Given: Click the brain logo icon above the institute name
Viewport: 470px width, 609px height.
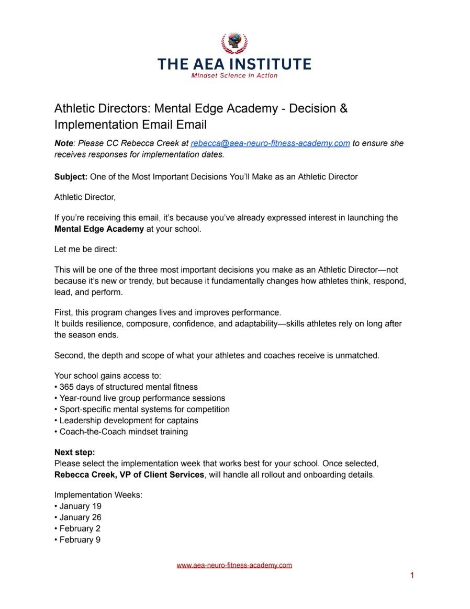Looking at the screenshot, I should [x=234, y=43].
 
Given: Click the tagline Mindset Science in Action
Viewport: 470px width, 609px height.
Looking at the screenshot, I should [x=234, y=75].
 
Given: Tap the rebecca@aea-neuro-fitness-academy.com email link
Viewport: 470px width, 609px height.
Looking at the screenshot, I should [x=270, y=143].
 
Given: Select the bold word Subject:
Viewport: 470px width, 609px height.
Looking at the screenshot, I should [x=71, y=177].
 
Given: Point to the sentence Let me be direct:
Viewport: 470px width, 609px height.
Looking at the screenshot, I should [x=86, y=250].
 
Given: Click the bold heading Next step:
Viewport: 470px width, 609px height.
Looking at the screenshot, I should [x=75, y=453].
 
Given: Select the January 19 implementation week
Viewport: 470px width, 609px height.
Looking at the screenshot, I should [x=80, y=506].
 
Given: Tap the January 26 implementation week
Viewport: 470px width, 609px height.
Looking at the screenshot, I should [x=80, y=517].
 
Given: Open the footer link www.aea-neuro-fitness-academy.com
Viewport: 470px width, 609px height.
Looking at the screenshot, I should [x=234, y=565].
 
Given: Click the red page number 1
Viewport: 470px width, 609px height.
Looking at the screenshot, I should [x=412, y=576].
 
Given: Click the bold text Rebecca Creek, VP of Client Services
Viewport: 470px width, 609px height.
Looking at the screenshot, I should [x=129, y=475].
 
